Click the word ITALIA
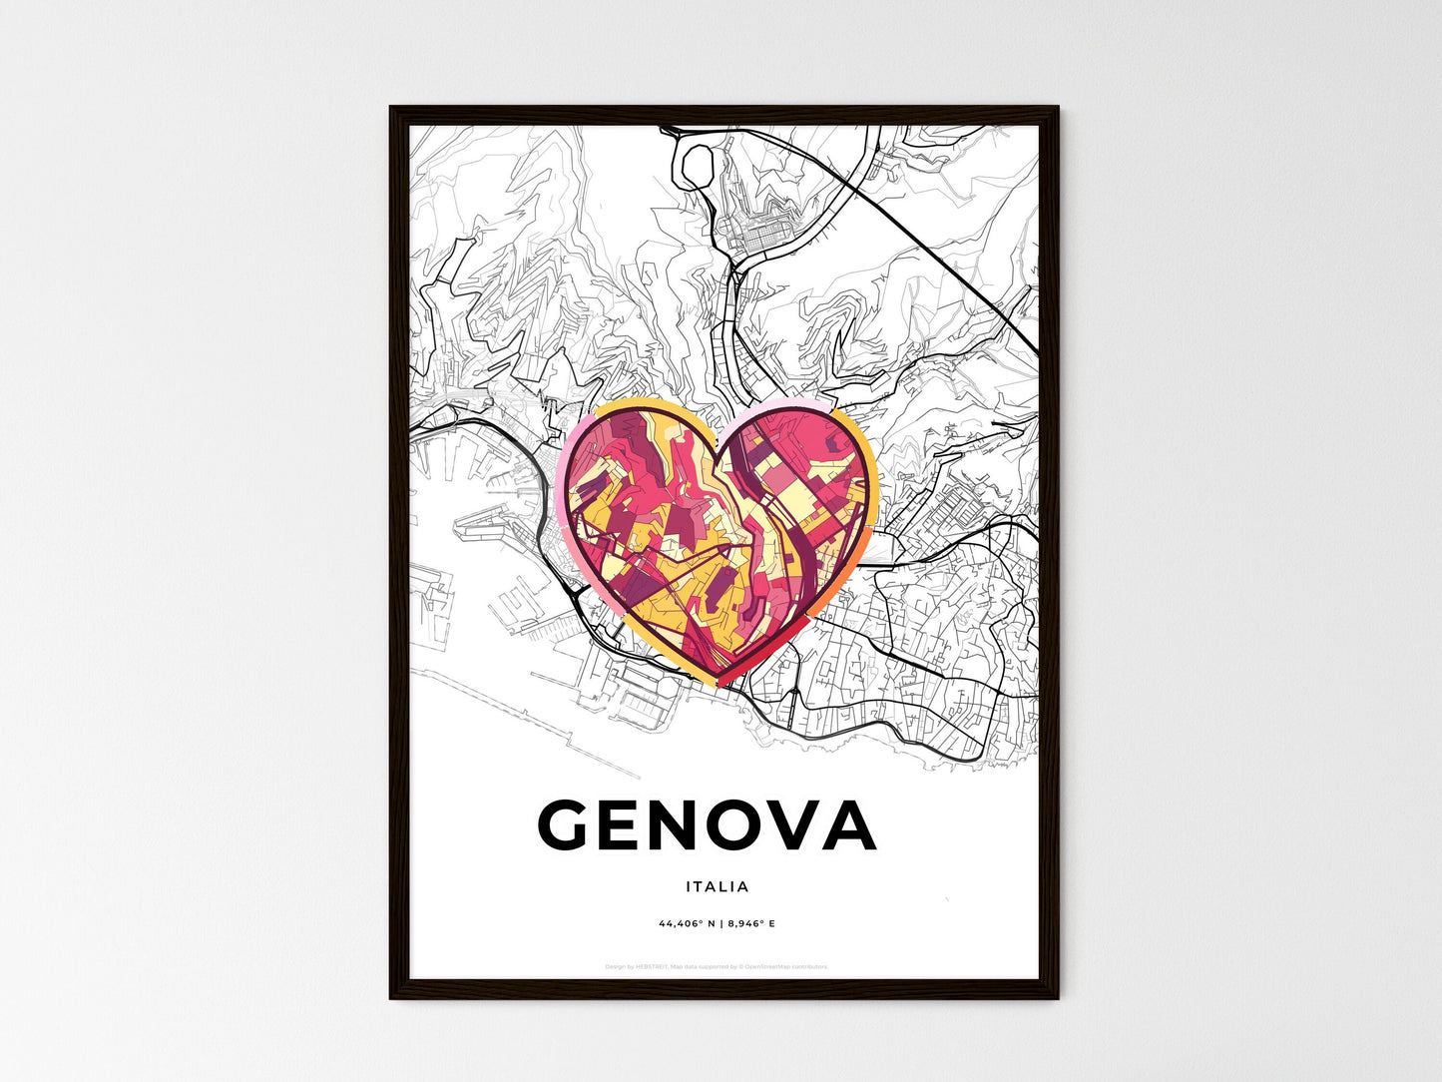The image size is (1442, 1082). click(717, 886)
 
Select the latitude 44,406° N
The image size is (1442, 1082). click(686, 923)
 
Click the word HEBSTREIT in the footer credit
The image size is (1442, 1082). click(654, 966)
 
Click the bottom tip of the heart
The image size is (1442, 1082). click(721, 682)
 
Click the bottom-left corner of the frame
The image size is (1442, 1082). click(391, 997)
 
